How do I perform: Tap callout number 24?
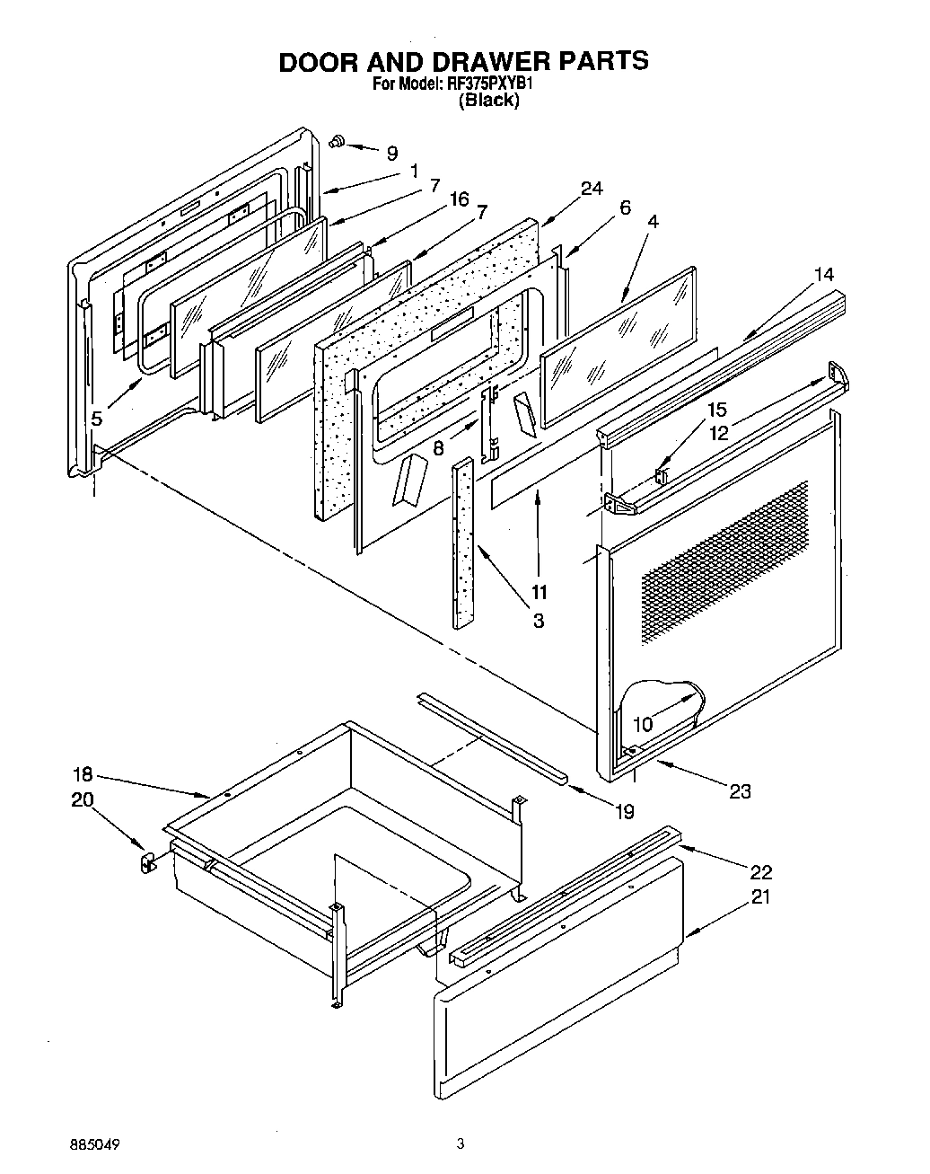(x=591, y=189)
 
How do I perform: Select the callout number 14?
(x=823, y=274)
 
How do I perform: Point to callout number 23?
(x=741, y=791)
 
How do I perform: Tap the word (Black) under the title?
(x=489, y=102)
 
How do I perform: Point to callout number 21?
(x=759, y=896)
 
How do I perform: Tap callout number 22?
(x=759, y=871)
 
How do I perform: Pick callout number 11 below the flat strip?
(x=539, y=591)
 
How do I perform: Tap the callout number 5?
(x=96, y=418)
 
